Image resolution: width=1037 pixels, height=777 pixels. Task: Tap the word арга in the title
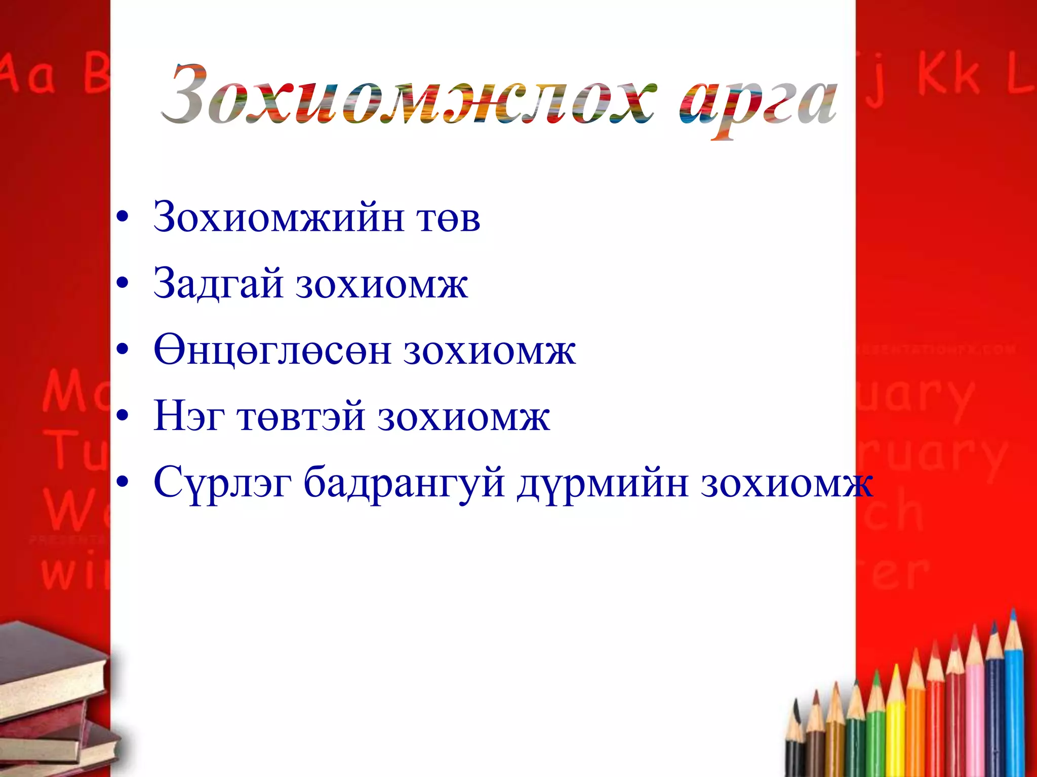point(758,101)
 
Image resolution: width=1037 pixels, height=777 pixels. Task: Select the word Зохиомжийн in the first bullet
point(278,218)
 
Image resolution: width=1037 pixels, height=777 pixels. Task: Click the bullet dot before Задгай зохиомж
point(122,284)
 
